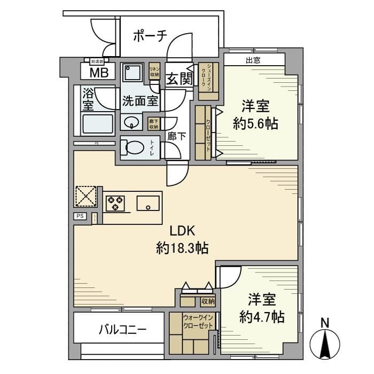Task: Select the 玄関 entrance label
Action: coord(179,79)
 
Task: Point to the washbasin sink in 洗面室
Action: coord(131,123)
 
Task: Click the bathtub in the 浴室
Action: coord(97,124)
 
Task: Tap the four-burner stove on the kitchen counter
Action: coord(116,204)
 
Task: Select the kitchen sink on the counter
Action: coord(147,204)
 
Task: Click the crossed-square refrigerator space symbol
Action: coord(85,196)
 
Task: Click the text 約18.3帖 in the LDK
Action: coord(182,248)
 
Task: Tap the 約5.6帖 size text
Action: coord(255,124)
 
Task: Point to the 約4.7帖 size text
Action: coord(261,317)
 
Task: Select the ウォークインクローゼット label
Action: coord(198,322)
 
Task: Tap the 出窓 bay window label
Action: coord(253,60)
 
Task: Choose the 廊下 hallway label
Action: coord(177,136)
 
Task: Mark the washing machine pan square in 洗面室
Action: coord(131,73)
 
